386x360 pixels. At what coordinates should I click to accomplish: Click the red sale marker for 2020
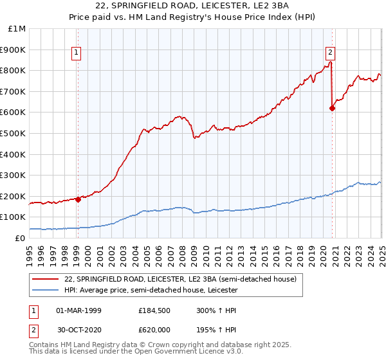point(332,108)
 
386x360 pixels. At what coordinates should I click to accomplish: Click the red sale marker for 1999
point(78,199)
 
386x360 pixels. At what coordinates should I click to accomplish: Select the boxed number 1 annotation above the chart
point(77,53)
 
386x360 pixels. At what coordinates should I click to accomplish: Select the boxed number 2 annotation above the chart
point(330,53)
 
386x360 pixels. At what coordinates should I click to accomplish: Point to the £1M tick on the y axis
point(17,29)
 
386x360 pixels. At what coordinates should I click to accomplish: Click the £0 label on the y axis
point(21,238)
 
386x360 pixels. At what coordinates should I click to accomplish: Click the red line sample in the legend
point(46,280)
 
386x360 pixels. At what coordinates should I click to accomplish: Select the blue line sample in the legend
point(46,291)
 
